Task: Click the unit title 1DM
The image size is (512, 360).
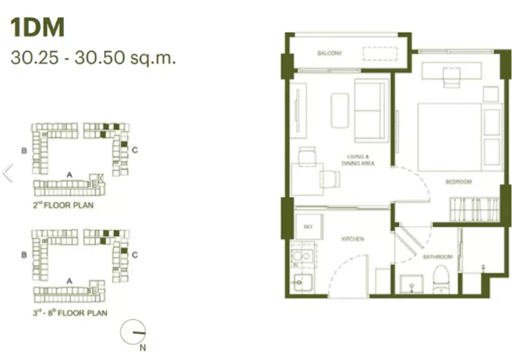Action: [x=38, y=27]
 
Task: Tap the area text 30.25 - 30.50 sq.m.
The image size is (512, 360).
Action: [x=93, y=57]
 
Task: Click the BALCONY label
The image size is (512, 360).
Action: [x=330, y=53]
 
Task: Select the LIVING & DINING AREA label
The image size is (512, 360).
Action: [x=358, y=160]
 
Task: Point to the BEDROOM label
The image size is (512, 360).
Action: [x=458, y=182]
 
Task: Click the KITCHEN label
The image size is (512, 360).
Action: [x=353, y=239]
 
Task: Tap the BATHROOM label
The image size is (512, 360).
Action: [x=437, y=257]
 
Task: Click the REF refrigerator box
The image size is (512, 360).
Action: [x=309, y=227]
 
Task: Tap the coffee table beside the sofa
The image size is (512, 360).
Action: [x=339, y=110]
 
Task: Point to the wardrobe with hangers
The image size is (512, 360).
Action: [x=474, y=209]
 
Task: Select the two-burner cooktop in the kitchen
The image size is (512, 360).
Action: [x=302, y=256]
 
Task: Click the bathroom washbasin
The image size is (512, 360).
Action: [x=411, y=284]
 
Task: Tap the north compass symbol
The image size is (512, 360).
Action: [x=133, y=332]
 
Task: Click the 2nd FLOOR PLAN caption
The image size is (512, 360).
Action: [x=63, y=205]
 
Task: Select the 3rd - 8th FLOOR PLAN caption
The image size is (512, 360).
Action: [x=70, y=313]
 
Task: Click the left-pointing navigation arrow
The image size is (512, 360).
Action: [x=8, y=172]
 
